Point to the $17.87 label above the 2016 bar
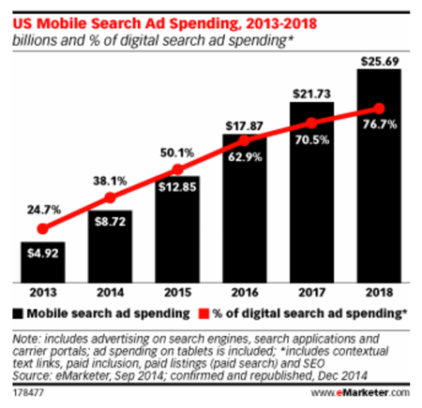[242, 124]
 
